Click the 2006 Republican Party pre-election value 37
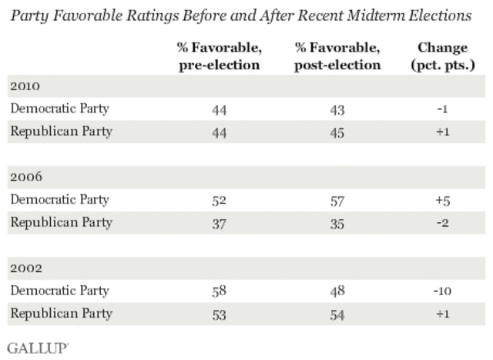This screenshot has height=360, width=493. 220,224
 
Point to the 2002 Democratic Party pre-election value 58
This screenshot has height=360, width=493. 220,292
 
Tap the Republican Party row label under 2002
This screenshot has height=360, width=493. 61,314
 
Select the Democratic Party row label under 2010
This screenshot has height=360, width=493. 59,108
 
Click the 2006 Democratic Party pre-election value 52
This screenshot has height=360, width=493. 220,200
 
